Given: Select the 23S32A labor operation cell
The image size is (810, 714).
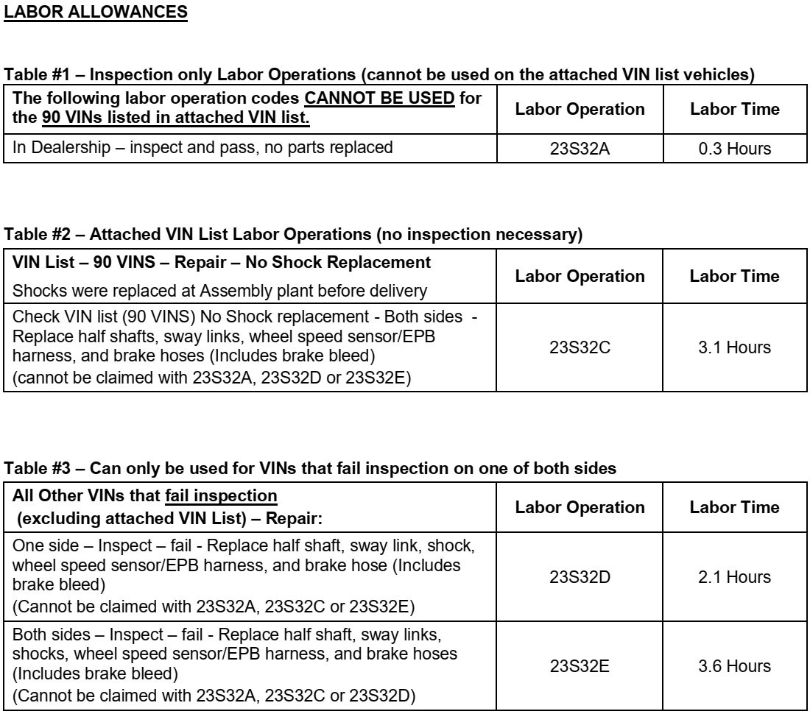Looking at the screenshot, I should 580,149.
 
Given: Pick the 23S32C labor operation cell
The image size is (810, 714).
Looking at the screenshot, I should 580,347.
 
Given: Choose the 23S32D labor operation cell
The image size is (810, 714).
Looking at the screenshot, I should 580,578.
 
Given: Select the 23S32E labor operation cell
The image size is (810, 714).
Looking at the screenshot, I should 580,666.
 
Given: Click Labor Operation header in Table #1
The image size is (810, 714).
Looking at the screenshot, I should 580,109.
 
